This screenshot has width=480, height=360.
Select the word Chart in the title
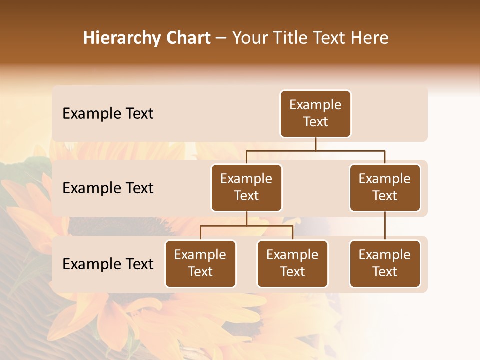click(x=185, y=38)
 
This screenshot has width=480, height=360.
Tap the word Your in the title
click(x=250, y=38)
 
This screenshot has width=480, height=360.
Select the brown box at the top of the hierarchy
click(x=315, y=114)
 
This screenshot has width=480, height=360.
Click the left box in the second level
click(x=246, y=188)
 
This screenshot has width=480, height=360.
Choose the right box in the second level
click(x=385, y=188)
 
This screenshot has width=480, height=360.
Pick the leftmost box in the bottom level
click(x=200, y=264)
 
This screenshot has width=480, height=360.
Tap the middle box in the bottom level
click(x=292, y=264)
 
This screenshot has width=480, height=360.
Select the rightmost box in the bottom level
click(x=385, y=264)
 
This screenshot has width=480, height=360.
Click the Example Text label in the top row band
click(x=108, y=114)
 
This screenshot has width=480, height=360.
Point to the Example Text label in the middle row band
click(x=108, y=188)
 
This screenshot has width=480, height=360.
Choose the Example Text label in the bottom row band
click(x=108, y=264)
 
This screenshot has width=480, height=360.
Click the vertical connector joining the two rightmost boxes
click(x=385, y=226)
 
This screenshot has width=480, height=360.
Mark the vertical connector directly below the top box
click(x=315, y=144)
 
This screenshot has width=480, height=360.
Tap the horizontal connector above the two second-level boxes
click(x=315, y=150)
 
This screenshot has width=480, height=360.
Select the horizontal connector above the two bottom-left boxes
click(x=246, y=226)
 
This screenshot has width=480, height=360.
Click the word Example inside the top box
click(x=315, y=105)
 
